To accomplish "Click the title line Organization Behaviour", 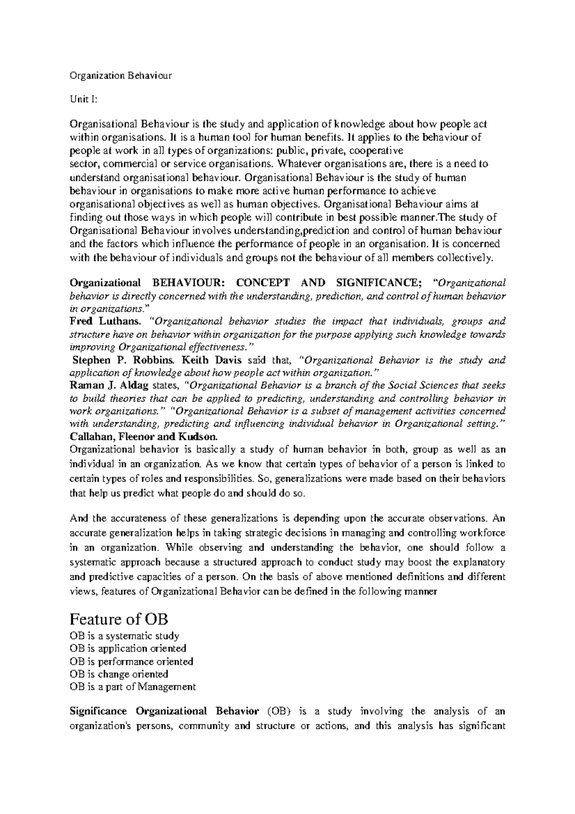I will click(x=121, y=75).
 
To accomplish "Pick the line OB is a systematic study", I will click(x=125, y=636).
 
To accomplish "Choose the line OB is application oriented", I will click(x=128, y=649).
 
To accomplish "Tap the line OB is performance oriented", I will click(x=131, y=662).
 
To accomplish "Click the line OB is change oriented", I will click(x=119, y=674).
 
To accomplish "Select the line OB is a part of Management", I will click(x=133, y=687).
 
